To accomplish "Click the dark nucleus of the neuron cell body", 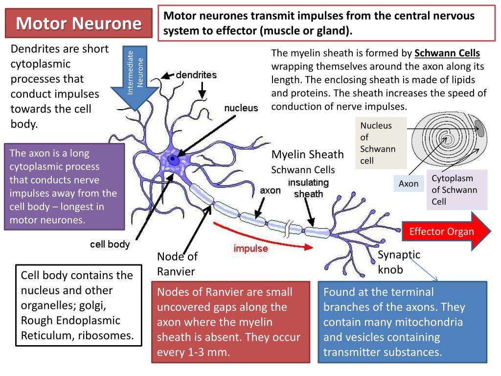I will tap(172, 159).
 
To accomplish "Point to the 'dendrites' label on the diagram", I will tap(196, 75).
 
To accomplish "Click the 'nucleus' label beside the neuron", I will tap(241, 108).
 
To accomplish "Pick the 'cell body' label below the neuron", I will tap(110, 244).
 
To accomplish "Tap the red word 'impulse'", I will tap(250, 248).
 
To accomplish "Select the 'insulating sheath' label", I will tap(308, 188).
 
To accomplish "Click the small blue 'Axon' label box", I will tap(409, 184).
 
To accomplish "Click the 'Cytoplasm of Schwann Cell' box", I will tap(456, 189).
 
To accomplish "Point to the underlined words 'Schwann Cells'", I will tap(447, 53).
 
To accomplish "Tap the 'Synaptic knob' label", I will tap(399, 262).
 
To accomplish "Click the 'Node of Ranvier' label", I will tap(177, 263).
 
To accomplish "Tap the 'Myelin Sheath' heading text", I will tap(307, 155).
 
